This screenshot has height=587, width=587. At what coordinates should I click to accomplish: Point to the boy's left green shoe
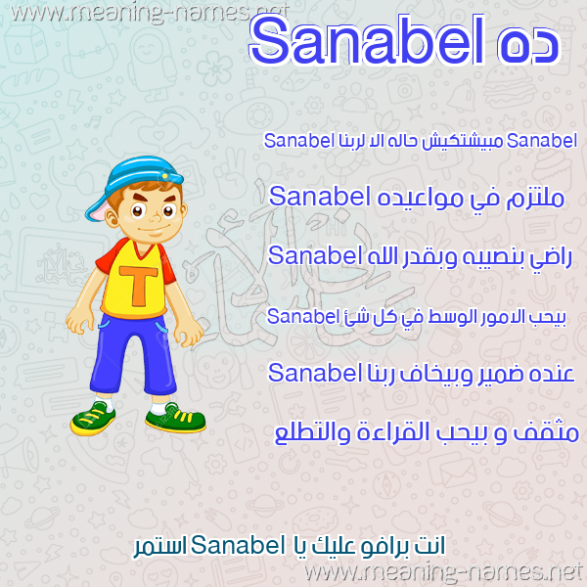(93, 419)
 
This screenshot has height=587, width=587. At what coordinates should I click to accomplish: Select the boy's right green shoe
(175, 417)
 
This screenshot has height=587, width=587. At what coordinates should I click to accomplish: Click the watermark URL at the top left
(150, 13)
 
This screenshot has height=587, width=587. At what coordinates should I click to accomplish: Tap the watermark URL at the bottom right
(443, 572)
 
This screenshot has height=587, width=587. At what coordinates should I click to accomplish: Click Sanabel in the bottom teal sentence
(238, 545)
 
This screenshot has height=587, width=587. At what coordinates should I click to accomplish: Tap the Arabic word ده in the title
(528, 44)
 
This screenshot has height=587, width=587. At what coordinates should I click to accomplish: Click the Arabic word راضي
(551, 258)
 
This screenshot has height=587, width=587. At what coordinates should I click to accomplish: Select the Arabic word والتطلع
(312, 433)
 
